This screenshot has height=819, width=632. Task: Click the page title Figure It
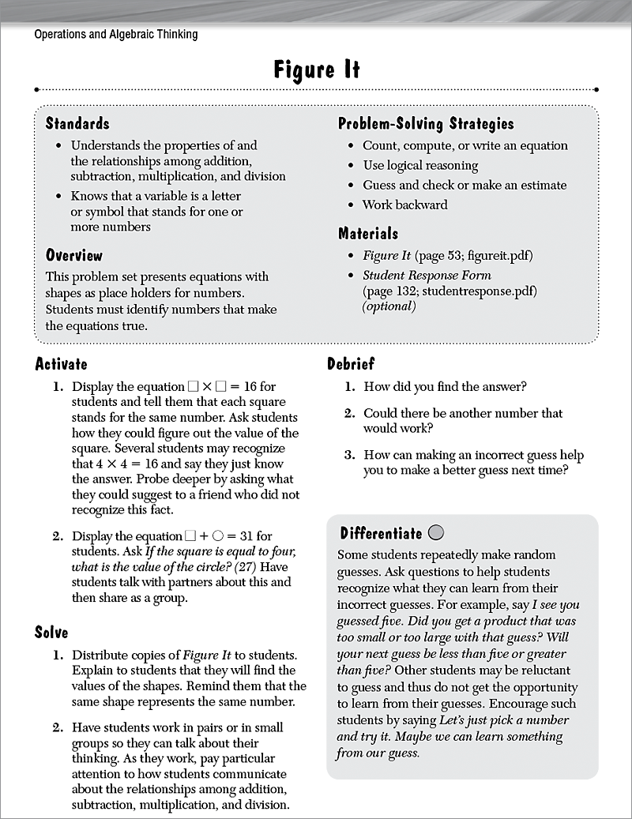coord(316,70)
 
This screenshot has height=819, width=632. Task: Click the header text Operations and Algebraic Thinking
coord(116,34)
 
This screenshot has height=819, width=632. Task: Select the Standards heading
coord(77,123)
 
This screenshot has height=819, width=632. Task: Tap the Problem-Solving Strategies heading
coord(426,123)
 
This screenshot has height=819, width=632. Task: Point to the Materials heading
coord(368,233)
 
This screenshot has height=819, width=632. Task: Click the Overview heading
coord(74,255)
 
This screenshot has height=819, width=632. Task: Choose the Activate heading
coord(62,364)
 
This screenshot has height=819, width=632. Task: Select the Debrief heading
coord(351,364)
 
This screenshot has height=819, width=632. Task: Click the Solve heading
coord(51,632)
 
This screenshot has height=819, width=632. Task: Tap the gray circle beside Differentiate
coord(438,532)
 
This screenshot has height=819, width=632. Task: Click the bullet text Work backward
coord(404,205)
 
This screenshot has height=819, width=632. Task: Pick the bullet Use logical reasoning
coord(420,165)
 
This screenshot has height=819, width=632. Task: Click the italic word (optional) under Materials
coord(389,306)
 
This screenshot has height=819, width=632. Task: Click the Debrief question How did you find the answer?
coord(445,387)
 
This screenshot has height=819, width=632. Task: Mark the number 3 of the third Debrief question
coord(348,455)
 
